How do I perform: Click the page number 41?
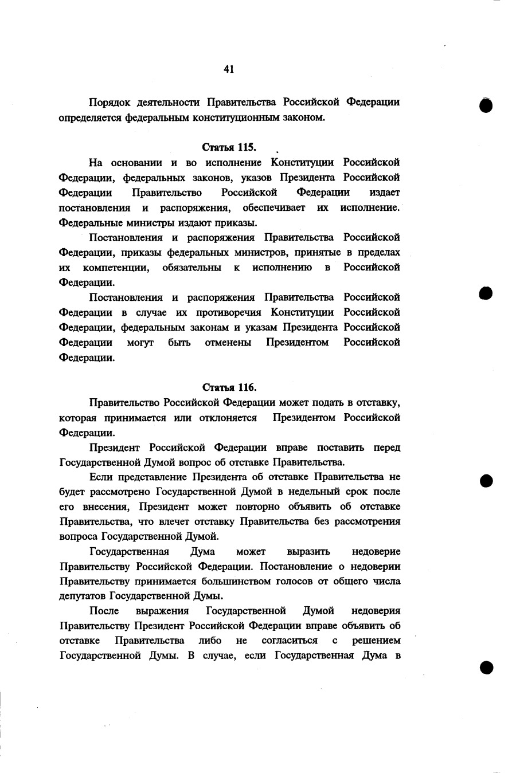coord(229,69)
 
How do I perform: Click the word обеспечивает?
coord(274,207)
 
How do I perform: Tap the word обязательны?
coord(191,267)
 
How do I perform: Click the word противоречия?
coord(229,312)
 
